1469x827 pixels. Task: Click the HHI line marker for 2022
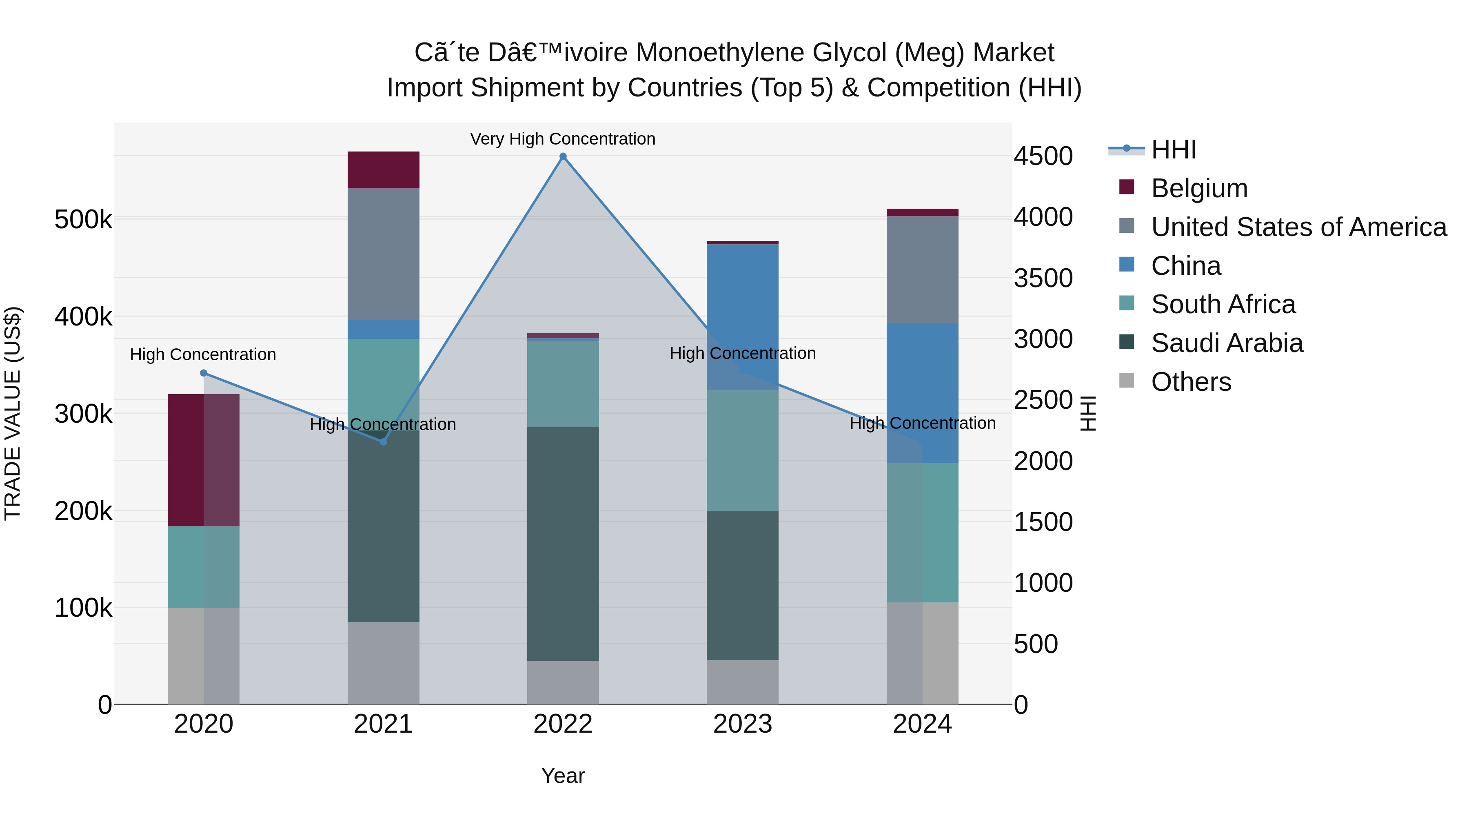[563, 156]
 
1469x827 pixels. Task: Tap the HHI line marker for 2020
[204, 373]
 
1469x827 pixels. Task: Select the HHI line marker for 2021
[383, 442]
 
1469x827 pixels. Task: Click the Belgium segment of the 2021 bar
[383, 170]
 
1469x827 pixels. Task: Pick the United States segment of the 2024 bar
[922, 270]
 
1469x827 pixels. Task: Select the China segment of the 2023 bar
[743, 317]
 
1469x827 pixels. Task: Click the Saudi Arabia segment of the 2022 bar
[563, 544]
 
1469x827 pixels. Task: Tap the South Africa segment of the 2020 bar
[204, 567]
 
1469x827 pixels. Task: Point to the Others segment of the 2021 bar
[383, 663]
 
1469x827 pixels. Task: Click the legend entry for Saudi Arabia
[1227, 343]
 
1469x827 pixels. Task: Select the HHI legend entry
[1173, 149]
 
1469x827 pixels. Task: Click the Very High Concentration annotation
[563, 139]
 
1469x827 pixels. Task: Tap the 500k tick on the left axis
[83, 219]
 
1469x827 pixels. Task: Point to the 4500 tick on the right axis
[1043, 156]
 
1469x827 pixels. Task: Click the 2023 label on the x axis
[743, 724]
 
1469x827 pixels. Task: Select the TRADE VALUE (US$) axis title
[13, 413]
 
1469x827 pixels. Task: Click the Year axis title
[563, 776]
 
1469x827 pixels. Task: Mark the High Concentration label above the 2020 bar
[203, 354]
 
